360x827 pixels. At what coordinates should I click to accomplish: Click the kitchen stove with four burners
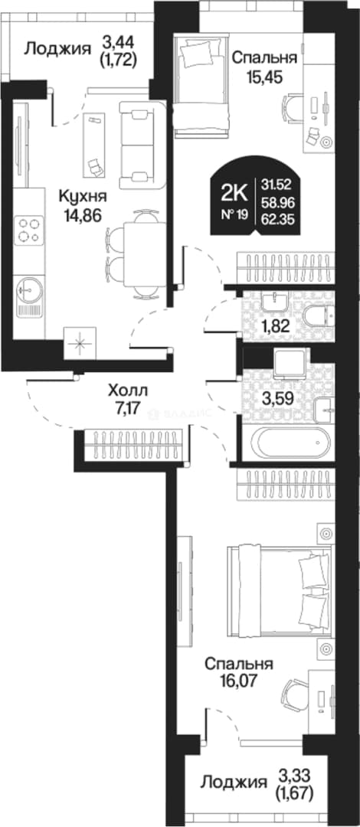coord(29,230)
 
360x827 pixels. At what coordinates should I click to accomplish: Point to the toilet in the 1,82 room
coord(319,316)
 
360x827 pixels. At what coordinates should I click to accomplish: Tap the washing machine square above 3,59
coord(290,362)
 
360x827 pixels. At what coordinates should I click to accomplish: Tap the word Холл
coord(128,392)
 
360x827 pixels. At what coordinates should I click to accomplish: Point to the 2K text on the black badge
coord(235,194)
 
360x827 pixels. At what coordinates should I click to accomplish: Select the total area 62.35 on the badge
coord(277,217)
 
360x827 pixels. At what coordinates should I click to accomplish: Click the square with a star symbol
coord(80,343)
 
